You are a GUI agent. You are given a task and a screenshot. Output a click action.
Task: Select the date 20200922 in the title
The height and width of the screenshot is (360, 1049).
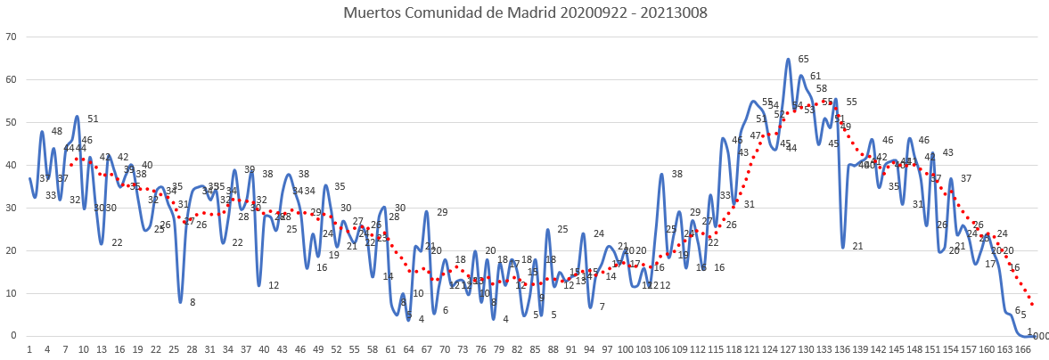(586, 13)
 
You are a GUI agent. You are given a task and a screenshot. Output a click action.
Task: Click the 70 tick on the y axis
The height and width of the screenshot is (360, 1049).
(11, 37)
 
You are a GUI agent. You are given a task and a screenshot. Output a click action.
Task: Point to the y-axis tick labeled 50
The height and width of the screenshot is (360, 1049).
(11, 122)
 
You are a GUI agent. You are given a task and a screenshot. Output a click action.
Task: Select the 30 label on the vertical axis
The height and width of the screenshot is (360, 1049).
(11, 208)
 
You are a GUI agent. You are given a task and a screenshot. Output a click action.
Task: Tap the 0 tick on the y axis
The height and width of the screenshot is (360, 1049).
(13, 336)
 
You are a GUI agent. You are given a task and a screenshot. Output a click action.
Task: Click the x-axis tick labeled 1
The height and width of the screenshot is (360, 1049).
(29, 350)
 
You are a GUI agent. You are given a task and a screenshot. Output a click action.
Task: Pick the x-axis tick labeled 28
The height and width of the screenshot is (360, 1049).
(192, 350)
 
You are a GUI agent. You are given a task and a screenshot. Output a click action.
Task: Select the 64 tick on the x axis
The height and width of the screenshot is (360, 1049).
(408, 350)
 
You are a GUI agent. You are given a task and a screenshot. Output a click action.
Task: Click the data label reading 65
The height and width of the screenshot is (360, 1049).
(803, 60)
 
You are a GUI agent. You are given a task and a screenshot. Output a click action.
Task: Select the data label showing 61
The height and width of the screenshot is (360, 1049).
(815, 77)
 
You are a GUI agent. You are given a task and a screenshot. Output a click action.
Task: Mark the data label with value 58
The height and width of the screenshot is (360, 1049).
(821, 89)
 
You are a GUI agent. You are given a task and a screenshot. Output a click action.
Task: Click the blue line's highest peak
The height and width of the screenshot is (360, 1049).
(789, 60)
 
